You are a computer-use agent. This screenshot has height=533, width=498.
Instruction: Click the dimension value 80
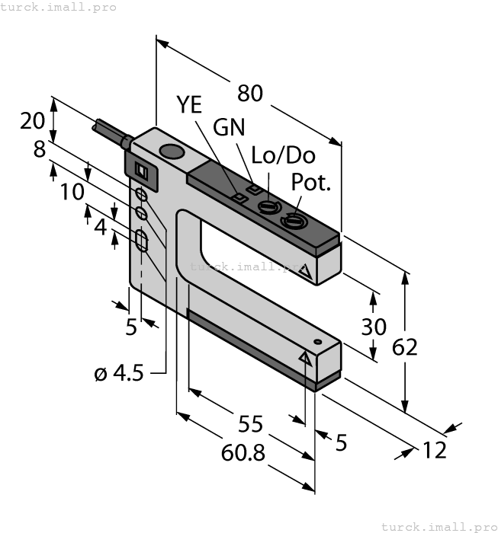250,93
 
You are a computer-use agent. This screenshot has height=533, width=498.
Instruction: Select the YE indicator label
190,104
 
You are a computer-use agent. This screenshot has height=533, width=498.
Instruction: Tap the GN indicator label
229,127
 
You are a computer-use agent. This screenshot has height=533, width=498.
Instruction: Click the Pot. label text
311,183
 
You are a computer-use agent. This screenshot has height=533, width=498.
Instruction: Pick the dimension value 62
405,347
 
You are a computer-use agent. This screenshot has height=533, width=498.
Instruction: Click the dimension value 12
434,450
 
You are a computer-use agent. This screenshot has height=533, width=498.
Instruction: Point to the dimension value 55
249,424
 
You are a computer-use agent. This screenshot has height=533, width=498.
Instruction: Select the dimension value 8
40,149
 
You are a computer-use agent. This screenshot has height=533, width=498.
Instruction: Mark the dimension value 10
72,192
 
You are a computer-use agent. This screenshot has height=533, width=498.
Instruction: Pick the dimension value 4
100,226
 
